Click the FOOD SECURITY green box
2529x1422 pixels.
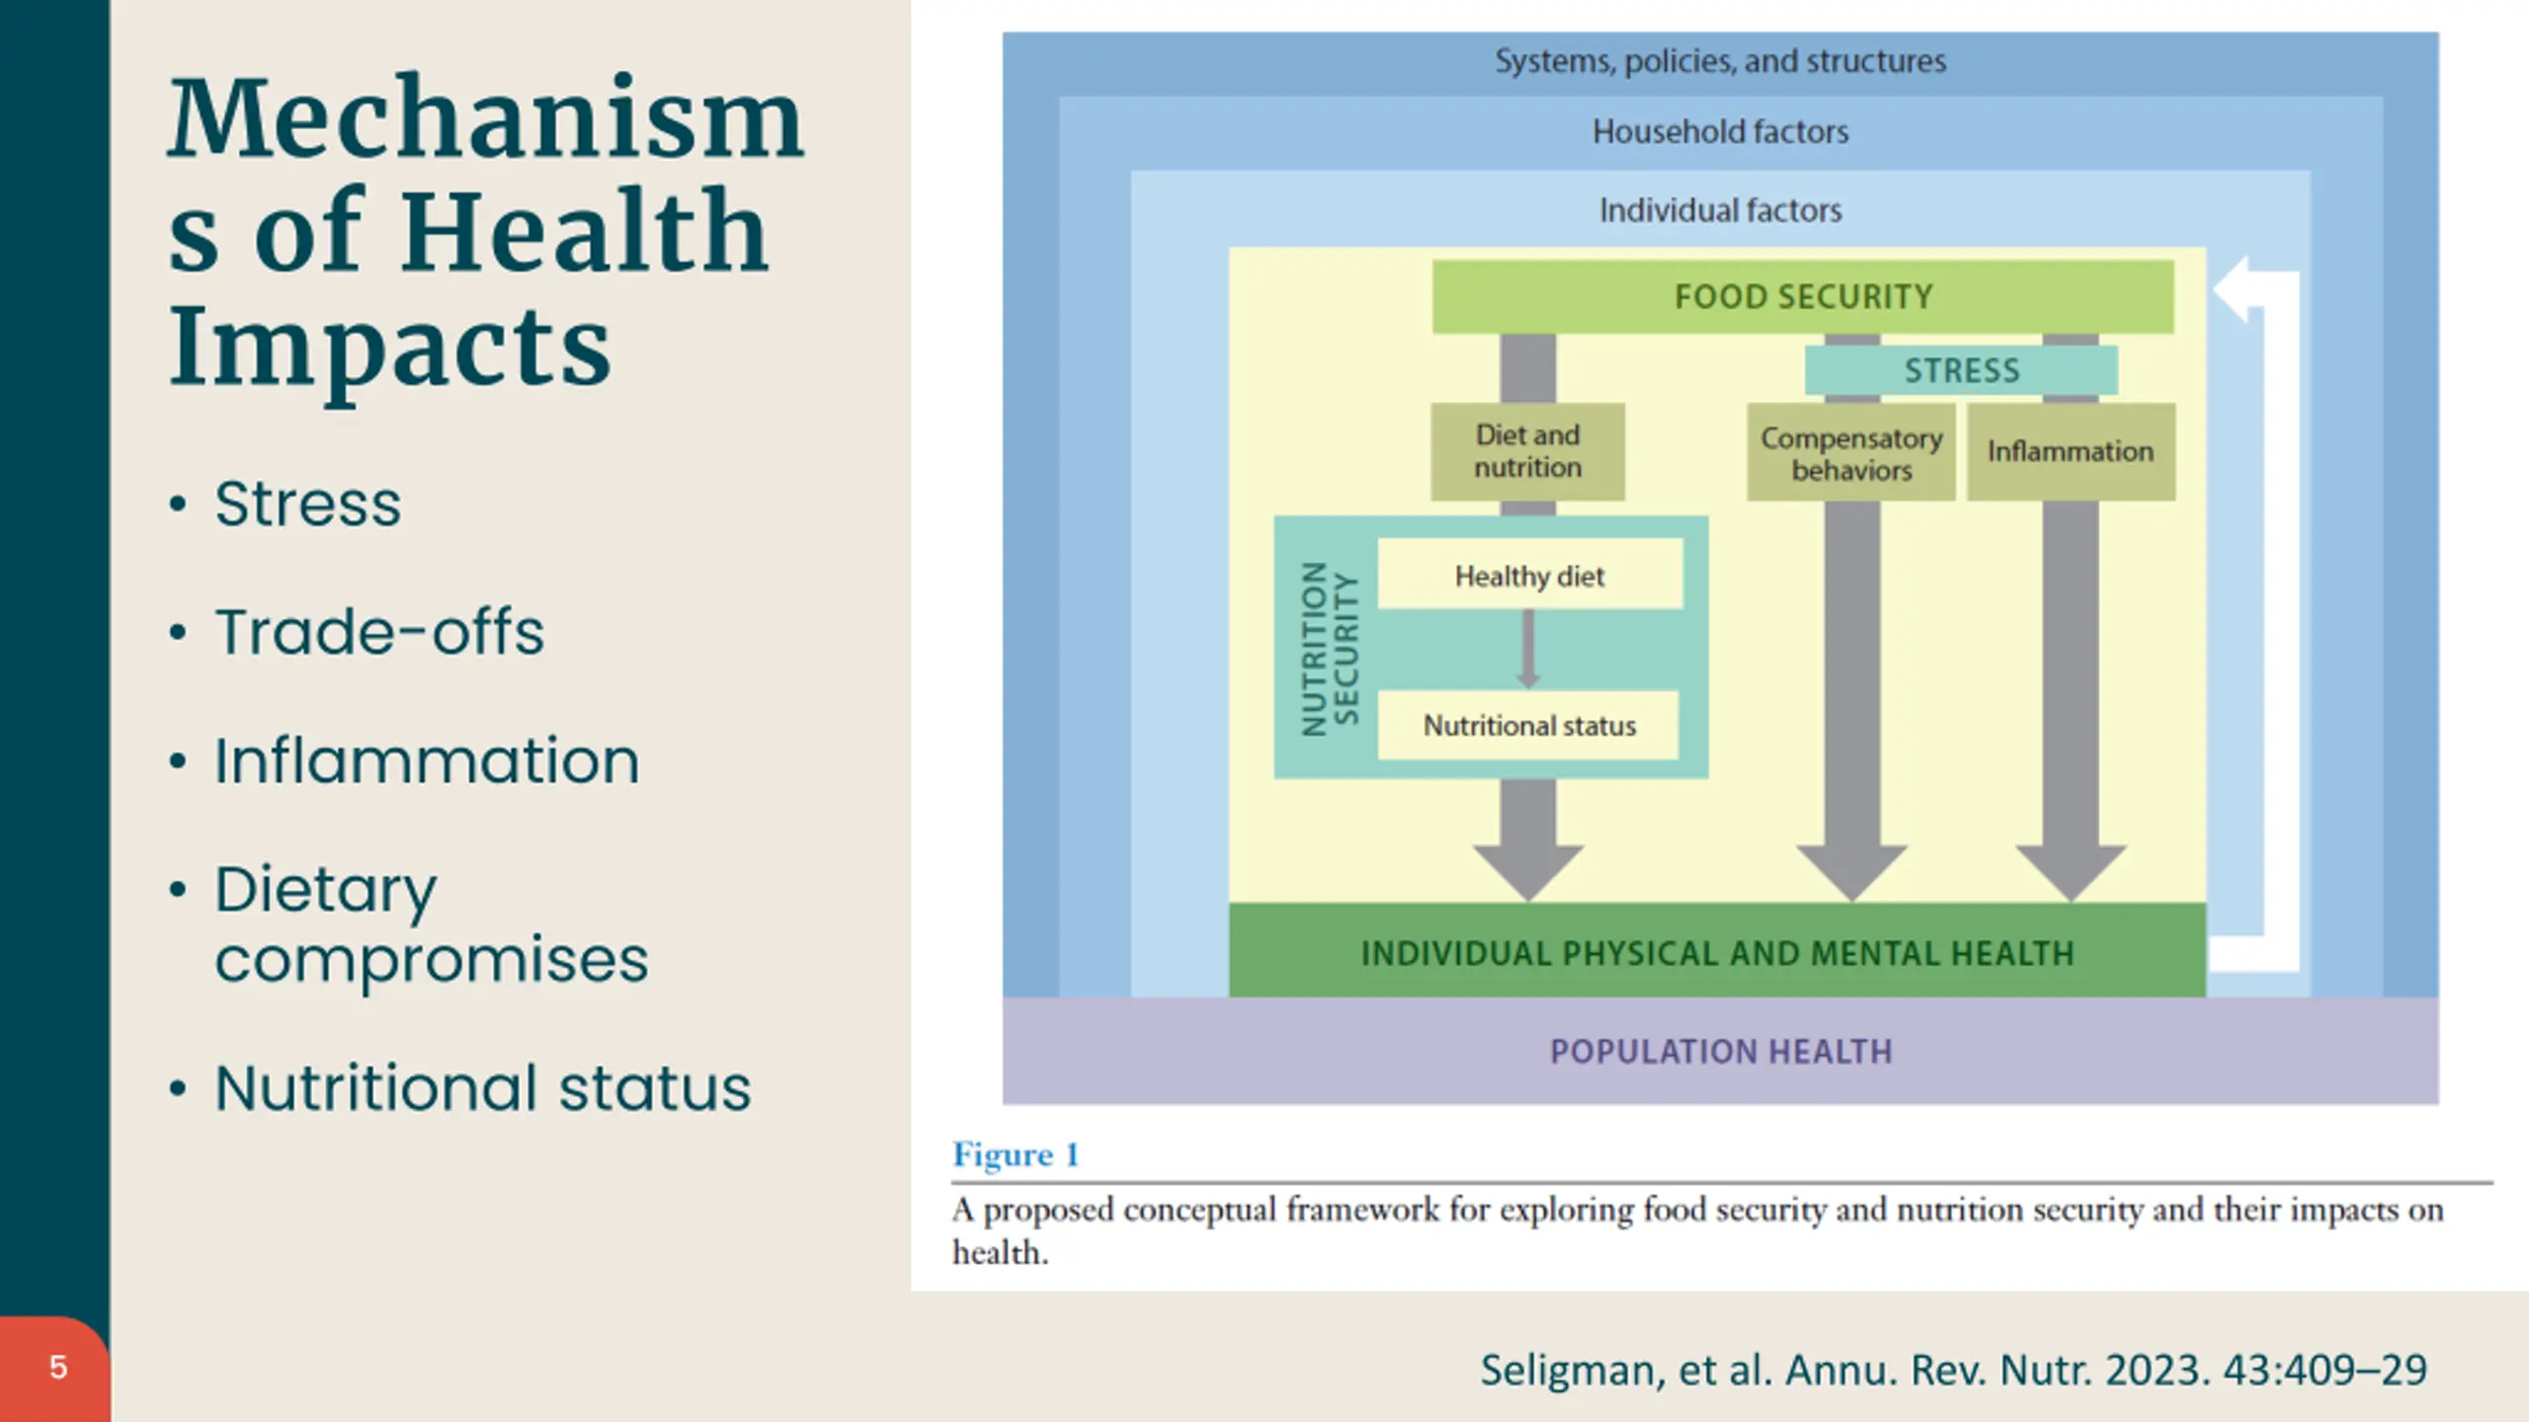pos(1802,296)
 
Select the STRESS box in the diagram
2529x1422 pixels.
pos(1961,370)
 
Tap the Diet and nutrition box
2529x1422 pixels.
pos(1527,451)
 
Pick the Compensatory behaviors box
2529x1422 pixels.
pos(1850,453)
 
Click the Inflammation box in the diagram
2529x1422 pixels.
pos(2071,451)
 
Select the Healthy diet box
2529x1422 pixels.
pos(1529,575)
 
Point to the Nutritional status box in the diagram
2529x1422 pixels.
pos(1528,726)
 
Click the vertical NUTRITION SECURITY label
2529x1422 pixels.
pos(1330,649)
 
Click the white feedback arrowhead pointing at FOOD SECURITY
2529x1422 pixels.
pos(2235,289)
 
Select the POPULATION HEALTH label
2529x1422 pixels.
pos(1720,1052)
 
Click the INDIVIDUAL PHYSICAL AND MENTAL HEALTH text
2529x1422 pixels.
pos(1717,953)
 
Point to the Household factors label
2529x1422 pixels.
pos(1720,131)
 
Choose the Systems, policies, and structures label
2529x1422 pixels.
pos(1720,61)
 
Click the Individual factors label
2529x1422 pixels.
pos(1720,210)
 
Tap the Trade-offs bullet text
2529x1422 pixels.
pos(379,632)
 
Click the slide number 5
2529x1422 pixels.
pos(58,1368)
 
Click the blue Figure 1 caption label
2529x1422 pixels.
pos(1015,1154)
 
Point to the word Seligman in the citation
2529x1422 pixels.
pos(1572,1371)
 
